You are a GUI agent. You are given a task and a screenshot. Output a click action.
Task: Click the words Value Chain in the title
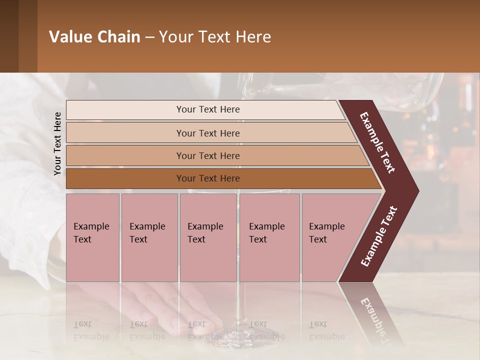click(x=94, y=37)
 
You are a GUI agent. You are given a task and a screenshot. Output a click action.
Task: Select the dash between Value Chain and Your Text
click(x=149, y=37)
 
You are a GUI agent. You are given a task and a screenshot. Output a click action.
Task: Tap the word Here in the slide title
click(x=253, y=37)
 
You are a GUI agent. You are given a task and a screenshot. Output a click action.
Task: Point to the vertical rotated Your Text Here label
click(x=57, y=143)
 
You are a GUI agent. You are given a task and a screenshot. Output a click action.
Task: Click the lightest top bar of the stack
click(x=205, y=109)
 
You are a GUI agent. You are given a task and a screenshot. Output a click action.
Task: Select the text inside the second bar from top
click(x=208, y=133)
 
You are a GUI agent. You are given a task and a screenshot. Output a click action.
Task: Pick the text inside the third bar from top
click(x=208, y=156)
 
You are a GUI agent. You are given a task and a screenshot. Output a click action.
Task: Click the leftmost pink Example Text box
click(x=92, y=237)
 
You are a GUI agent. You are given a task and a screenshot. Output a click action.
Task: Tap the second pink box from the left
click(x=149, y=237)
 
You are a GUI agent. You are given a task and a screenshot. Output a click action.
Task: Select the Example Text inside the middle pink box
click(x=205, y=233)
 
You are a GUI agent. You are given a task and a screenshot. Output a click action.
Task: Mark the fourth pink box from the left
click(x=269, y=237)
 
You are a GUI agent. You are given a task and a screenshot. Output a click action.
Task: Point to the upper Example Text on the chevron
click(x=377, y=142)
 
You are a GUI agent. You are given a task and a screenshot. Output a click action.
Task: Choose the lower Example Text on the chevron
click(x=379, y=236)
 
